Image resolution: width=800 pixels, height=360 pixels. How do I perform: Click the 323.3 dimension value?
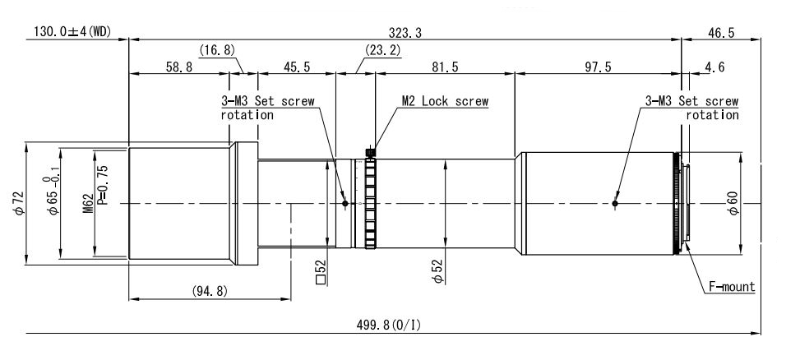[405, 33]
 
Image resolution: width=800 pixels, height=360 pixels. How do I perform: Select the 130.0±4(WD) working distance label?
[72, 32]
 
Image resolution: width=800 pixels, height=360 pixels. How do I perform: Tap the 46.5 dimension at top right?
[721, 33]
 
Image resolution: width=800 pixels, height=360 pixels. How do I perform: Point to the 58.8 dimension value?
[178, 67]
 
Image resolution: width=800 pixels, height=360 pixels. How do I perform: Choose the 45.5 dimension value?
[297, 67]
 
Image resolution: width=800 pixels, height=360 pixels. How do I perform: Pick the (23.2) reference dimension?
[382, 50]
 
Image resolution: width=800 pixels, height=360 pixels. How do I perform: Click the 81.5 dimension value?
[445, 67]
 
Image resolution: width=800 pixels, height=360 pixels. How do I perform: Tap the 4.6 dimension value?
[714, 67]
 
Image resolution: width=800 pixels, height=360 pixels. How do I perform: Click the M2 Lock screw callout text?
[445, 101]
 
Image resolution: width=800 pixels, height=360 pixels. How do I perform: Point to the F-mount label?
[732, 287]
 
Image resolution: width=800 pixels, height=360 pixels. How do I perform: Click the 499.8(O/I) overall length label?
[389, 325]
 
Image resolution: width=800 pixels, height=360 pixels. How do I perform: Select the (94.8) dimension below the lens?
[210, 291]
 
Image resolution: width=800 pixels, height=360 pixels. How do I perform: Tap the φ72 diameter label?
[19, 204]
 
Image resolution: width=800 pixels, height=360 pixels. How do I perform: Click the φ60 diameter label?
[733, 204]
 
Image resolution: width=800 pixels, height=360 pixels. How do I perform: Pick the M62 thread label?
[89, 204]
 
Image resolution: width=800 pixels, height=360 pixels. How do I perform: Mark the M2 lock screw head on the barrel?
[371, 152]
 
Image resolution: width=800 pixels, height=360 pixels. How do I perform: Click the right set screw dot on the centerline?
[615, 204]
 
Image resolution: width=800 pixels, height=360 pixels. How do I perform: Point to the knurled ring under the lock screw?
[371, 204]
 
